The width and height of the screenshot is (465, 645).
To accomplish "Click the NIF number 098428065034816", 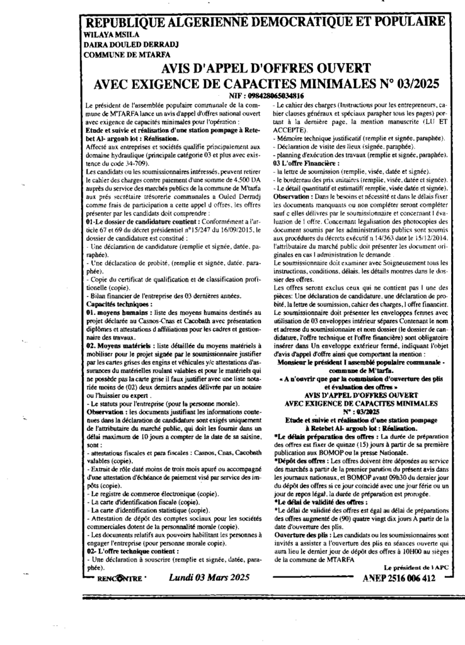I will [x=268, y=94].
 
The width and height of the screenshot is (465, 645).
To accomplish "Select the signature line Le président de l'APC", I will [x=410, y=567].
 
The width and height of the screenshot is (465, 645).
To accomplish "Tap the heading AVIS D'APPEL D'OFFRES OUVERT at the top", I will [x=267, y=69].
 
